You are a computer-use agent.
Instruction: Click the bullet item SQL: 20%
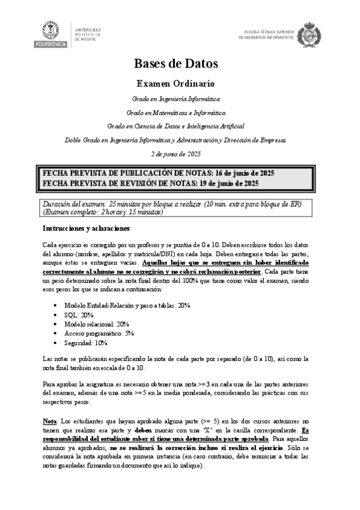tap(78, 315)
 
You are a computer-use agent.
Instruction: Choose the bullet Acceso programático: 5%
tap(99, 333)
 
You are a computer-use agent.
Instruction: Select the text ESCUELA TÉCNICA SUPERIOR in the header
tap(268, 30)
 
